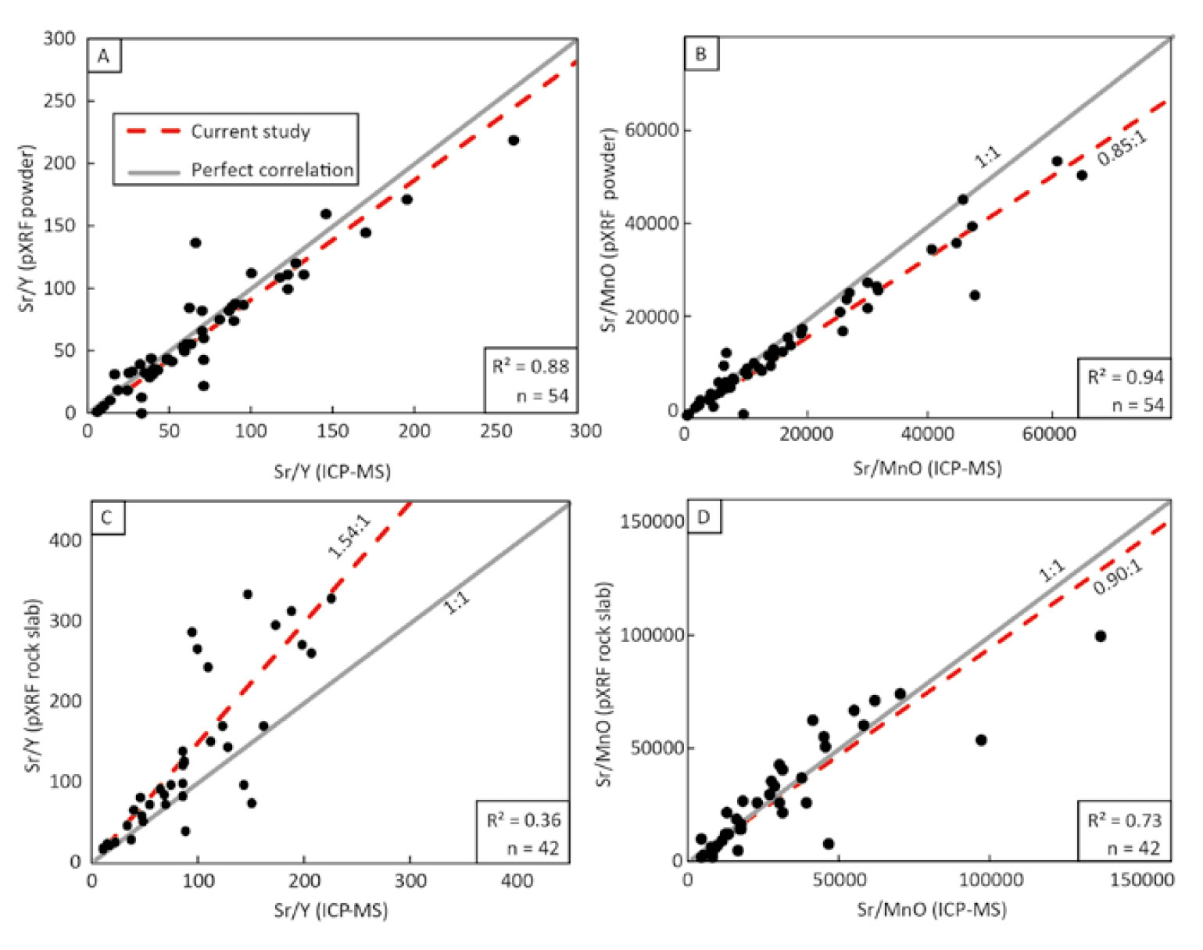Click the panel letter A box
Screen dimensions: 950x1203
point(104,56)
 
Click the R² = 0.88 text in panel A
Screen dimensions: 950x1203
point(530,367)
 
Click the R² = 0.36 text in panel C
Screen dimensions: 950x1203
point(523,820)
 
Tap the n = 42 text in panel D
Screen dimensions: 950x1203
point(1133,848)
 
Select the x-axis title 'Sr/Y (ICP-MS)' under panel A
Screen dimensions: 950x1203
point(332,471)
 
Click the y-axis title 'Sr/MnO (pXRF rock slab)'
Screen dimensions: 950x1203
point(604,683)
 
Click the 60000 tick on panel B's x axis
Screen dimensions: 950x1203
point(1049,435)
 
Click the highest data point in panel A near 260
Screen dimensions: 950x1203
point(514,141)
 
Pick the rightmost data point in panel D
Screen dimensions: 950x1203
point(1100,636)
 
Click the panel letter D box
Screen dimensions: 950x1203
point(703,518)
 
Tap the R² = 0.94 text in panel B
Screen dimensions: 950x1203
point(1126,378)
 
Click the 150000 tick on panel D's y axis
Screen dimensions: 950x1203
point(652,522)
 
